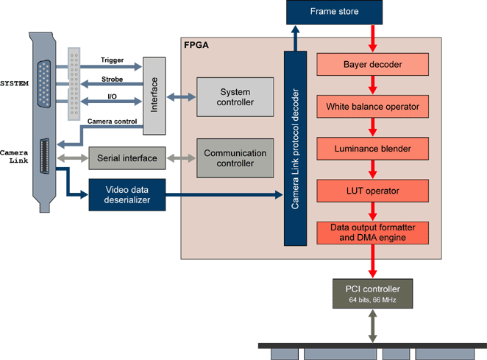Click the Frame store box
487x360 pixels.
[x=335, y=12]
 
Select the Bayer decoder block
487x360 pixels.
[x=372, y=64]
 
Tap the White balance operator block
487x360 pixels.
[x=372, y=107]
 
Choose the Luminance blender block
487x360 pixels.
[x=372, y=149]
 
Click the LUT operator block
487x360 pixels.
[x=372, y=191]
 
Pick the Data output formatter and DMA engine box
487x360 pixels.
[x=372, y=233]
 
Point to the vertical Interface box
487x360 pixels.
[x=154, y=96]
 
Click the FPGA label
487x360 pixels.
[x=196, y=46]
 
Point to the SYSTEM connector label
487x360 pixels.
[x=14, y=83]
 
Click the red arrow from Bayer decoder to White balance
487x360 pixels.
[x=372, y=85]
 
